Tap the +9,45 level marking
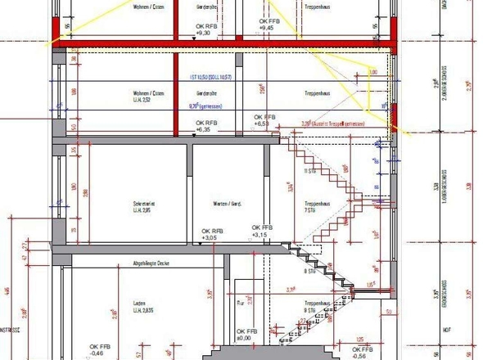tap(265, 28)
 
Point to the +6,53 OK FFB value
tap(262, 123)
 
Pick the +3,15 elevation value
tap(260, 235)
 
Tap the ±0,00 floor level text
tap(244, 338)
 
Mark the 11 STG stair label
tap(309, 172)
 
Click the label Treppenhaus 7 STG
tap(316, 207)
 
